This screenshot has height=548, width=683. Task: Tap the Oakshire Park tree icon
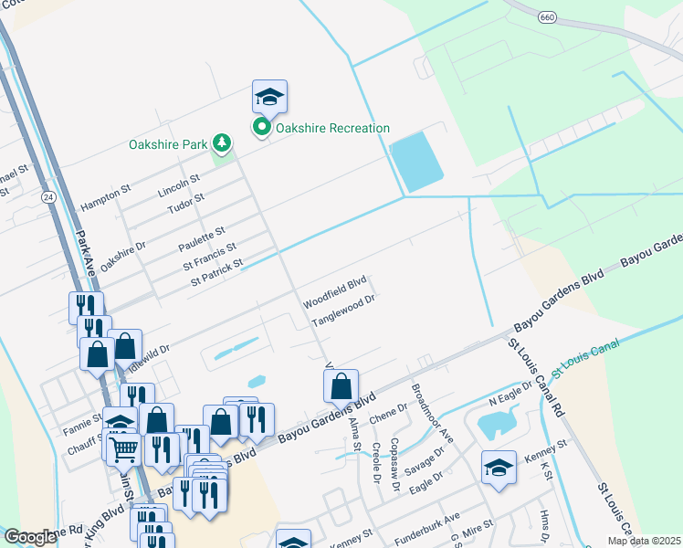(x=220, y=142)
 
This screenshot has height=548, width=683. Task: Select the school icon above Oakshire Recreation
(x=269, y=97)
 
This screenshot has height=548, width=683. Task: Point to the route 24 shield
(x=47, y=197)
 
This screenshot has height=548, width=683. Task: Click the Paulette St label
(x=202, y=240)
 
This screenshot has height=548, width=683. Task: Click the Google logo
(x=30, y=538)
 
